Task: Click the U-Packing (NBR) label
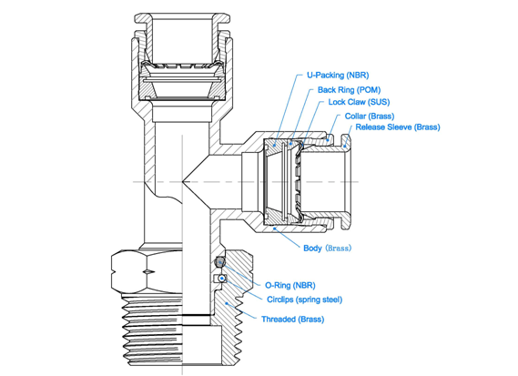(338, 76)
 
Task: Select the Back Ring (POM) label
(349, 90)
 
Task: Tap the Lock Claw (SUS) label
(359, 102)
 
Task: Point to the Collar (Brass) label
(370, 117)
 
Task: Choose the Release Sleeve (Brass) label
(398, 127)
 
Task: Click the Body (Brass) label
(328, 248)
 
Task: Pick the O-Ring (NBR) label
(290, 285)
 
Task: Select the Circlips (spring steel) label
(304, 300)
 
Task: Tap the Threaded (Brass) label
(293, 320)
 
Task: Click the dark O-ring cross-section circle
(219, 263)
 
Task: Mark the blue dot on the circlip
(223, 279)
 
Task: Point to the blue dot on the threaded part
(227, 303)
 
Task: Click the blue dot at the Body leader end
(274, 228)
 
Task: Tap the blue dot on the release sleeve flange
(344, 146)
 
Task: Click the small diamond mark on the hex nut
(149, 272)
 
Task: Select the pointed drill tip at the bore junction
(183, 181)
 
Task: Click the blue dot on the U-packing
(275, 144)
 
